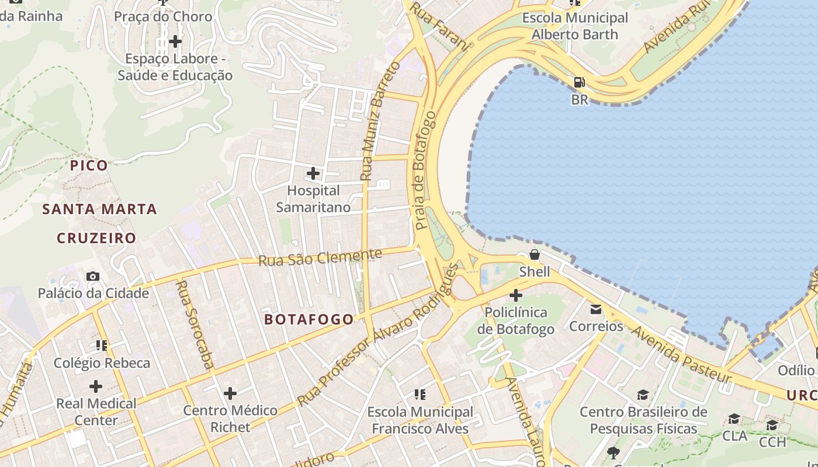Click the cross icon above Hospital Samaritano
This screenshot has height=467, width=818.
(313, 173)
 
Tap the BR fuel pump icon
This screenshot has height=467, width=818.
(579, 83)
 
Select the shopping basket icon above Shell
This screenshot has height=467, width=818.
(534, 255)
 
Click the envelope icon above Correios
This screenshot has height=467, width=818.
(596, 309)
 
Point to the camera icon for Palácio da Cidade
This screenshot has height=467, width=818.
(92, 276)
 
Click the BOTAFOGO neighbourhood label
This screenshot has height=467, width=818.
(309, 319)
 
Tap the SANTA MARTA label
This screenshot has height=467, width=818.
(100, 209)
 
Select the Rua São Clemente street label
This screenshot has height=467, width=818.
(320, 257)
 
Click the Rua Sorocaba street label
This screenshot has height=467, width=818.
(195, 325)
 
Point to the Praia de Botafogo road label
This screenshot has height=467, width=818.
(425, 170)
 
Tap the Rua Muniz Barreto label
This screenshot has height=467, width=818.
(379, 121)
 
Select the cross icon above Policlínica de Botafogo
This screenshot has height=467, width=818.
(515, 295)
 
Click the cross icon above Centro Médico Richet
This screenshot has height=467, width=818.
(230, 393)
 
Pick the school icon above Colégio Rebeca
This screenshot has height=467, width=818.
(102, 346)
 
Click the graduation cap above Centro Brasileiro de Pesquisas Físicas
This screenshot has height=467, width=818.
(643, 395)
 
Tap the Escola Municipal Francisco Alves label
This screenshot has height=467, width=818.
(420, 420)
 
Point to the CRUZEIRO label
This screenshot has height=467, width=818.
(96, 238)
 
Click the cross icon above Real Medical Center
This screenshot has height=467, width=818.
(96, 386)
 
